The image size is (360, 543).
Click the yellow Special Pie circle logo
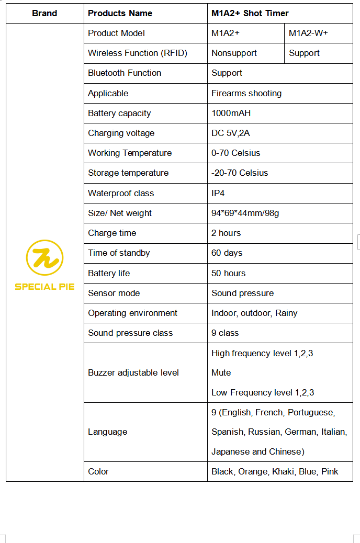click(44, 257)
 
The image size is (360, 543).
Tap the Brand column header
click(44, 13)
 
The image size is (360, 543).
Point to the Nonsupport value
click(234, 53)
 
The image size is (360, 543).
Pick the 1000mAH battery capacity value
click(231, 113)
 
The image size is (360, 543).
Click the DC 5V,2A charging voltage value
click(230, 133)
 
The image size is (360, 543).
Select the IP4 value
click(218, 193)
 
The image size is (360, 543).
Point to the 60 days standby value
click(227, 253)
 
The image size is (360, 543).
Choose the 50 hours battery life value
click(228, 273)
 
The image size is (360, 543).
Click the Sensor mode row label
click(114, 293)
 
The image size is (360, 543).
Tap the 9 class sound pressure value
click(224, 333)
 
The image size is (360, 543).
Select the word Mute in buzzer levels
click(221, 372)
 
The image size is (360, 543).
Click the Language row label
click(107, 432)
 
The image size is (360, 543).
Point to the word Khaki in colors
click(283, 471)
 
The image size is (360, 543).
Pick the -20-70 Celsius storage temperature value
click(239, 173)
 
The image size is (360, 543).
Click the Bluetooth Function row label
click(125, 73)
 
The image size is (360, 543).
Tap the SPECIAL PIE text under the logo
click(44, 287)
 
